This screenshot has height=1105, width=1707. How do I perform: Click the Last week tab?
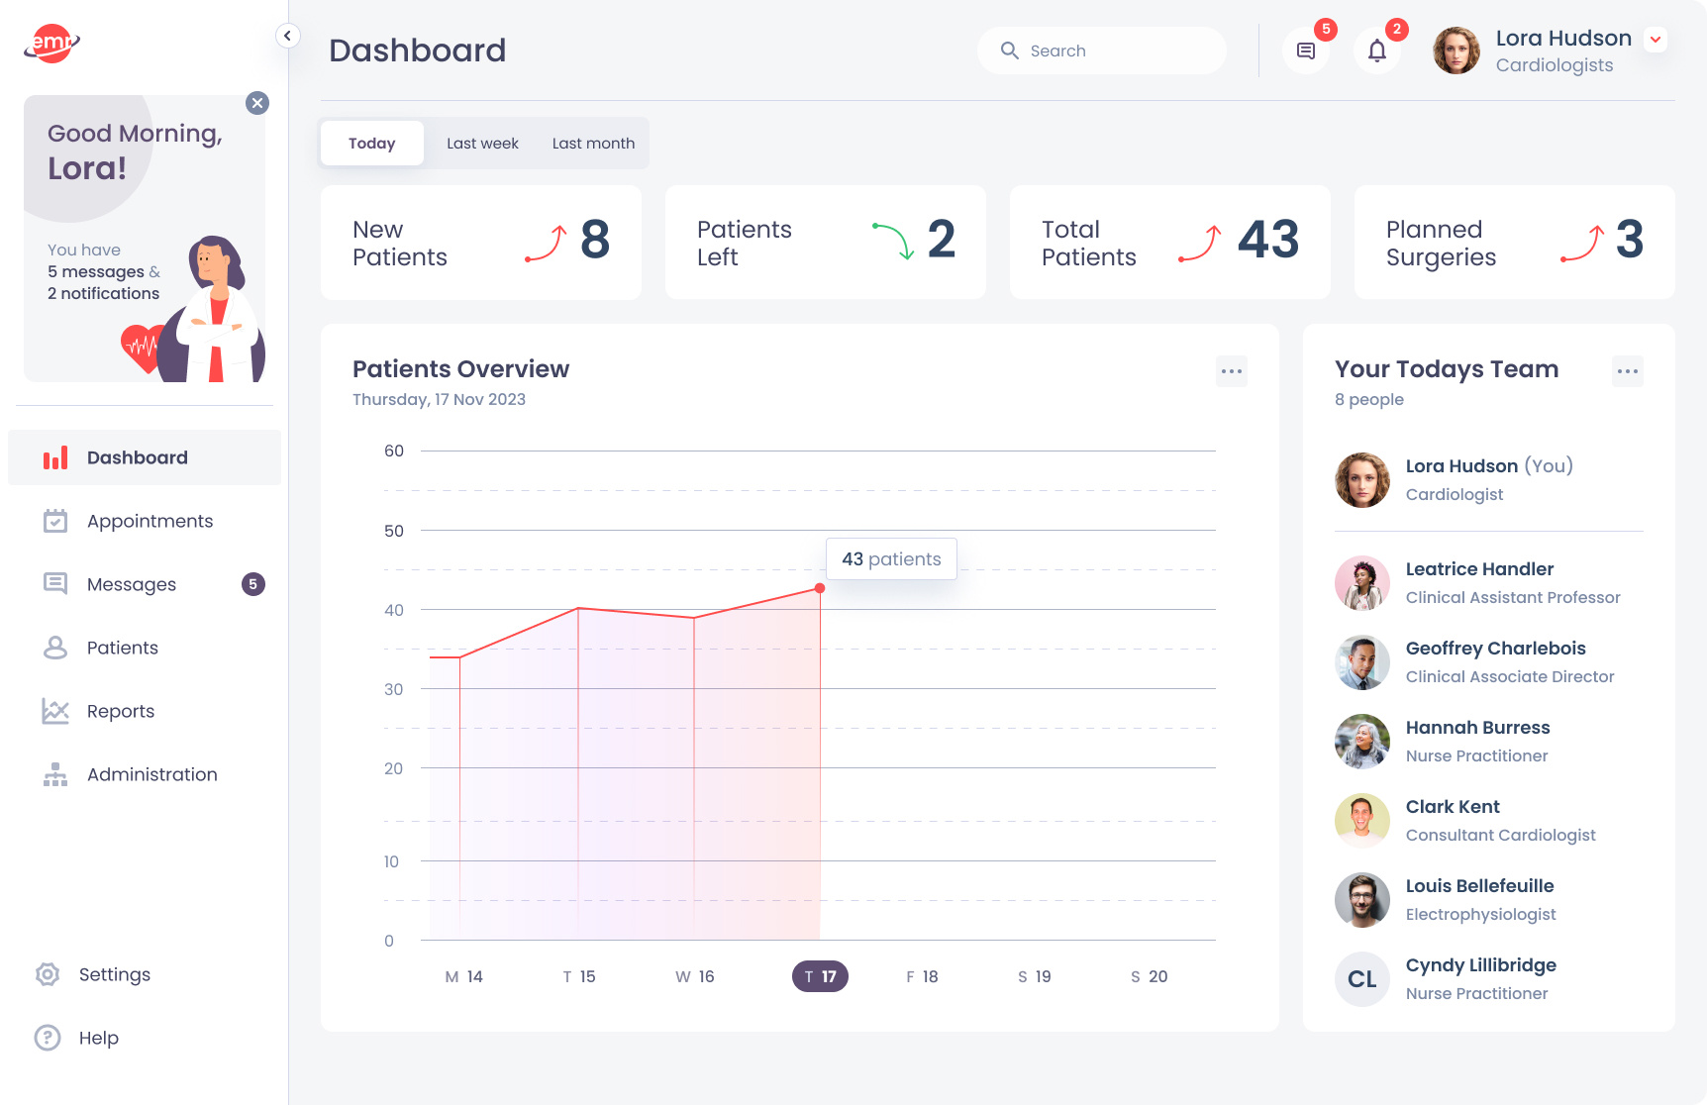482,144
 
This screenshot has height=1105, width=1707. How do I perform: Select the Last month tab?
593,144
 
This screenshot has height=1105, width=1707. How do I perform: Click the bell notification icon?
1376,50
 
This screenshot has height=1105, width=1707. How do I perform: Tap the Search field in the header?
1101,50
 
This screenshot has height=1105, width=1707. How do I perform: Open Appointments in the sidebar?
150,521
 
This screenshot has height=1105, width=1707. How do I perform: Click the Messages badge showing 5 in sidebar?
252,584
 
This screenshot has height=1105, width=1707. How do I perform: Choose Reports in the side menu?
120,711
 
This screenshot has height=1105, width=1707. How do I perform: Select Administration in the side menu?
151,774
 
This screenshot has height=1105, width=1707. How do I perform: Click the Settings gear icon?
48,974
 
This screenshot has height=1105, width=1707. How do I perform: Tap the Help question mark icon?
48,1038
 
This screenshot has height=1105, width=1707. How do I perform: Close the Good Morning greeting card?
257,103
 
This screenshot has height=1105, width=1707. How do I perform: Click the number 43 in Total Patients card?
1267,240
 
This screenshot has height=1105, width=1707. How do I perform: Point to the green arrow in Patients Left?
893,241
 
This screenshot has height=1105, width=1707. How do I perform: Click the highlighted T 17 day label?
820,976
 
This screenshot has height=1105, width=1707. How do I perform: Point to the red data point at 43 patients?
820,588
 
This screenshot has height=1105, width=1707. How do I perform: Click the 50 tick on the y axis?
394,531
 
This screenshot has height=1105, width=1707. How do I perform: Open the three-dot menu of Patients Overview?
1231,371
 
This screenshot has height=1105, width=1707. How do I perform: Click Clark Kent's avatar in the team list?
1361,821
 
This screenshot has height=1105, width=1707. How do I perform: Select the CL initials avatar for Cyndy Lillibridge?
1361,979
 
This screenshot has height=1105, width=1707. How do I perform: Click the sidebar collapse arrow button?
287,37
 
